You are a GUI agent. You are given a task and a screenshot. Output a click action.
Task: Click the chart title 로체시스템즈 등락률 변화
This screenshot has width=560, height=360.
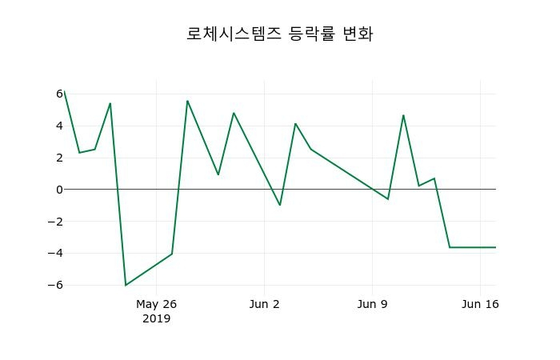point(280,34)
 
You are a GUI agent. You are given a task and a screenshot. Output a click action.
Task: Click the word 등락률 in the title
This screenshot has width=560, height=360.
point(315,34)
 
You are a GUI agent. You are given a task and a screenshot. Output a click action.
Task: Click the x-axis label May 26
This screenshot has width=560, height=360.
point(156,304)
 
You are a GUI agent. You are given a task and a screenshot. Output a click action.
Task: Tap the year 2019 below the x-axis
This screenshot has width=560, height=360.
point(156,318)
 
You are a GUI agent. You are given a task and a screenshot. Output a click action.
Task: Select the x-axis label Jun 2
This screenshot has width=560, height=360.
point(265,304)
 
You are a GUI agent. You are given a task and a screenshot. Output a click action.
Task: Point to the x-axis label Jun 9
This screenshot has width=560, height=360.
point(372,304)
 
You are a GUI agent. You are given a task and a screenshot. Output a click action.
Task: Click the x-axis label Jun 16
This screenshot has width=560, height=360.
point(480,304)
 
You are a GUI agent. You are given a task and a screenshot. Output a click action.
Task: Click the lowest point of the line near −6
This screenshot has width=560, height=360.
point(126,285)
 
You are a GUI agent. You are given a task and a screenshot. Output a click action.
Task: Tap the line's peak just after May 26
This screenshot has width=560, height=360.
point(187,101)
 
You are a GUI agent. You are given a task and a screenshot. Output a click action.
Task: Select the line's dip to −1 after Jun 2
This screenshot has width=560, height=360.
point(280,205)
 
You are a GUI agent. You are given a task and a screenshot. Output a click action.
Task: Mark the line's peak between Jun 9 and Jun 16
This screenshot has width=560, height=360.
point(403,115)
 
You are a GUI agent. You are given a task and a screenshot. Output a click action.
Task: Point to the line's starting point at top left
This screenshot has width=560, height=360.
point(64,91)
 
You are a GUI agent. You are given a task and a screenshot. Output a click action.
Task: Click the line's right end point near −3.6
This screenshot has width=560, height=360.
point(495,247)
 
